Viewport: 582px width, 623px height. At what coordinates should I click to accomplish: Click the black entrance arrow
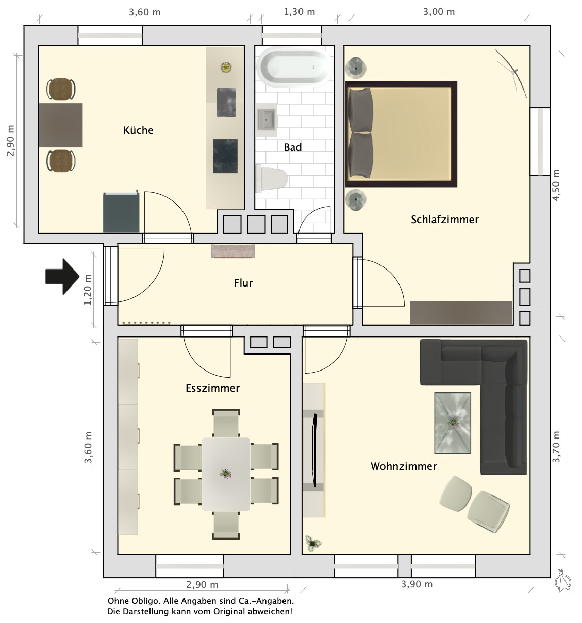click(62, 276)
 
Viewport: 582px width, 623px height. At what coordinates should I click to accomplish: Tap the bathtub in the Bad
click(294, 67)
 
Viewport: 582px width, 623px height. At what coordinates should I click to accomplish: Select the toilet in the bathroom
click(271, 179)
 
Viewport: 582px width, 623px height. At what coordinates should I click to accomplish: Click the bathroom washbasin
click(266, 119)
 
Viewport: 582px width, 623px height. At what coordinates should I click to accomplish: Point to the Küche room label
click(138, 130)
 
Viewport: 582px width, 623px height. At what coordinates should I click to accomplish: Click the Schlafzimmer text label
click(444, 220)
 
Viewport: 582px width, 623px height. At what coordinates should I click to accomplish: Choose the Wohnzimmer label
click(404, 466)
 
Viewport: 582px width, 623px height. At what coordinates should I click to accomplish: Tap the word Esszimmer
click(212, 388)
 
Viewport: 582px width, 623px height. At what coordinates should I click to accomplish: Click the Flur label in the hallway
click(243, 282)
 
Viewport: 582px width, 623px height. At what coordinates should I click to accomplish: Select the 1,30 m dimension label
click(299, 12)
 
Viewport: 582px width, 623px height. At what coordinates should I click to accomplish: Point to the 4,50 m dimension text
click(556, 185)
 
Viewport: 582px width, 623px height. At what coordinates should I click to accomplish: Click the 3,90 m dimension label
click(417, 584)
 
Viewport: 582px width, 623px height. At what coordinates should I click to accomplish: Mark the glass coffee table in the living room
click(453, 423)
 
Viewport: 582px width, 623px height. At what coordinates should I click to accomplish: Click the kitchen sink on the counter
click(226, 103)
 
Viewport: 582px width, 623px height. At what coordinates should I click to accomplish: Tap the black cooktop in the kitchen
click(225, 156)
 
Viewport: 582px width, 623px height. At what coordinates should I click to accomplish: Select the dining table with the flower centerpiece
click(226, 474)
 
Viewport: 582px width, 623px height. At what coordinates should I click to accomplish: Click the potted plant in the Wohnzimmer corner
click(313, 543)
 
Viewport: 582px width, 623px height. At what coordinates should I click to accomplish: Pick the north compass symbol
click(562, 580)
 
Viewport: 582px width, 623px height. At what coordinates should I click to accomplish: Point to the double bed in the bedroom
click(401, 134)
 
